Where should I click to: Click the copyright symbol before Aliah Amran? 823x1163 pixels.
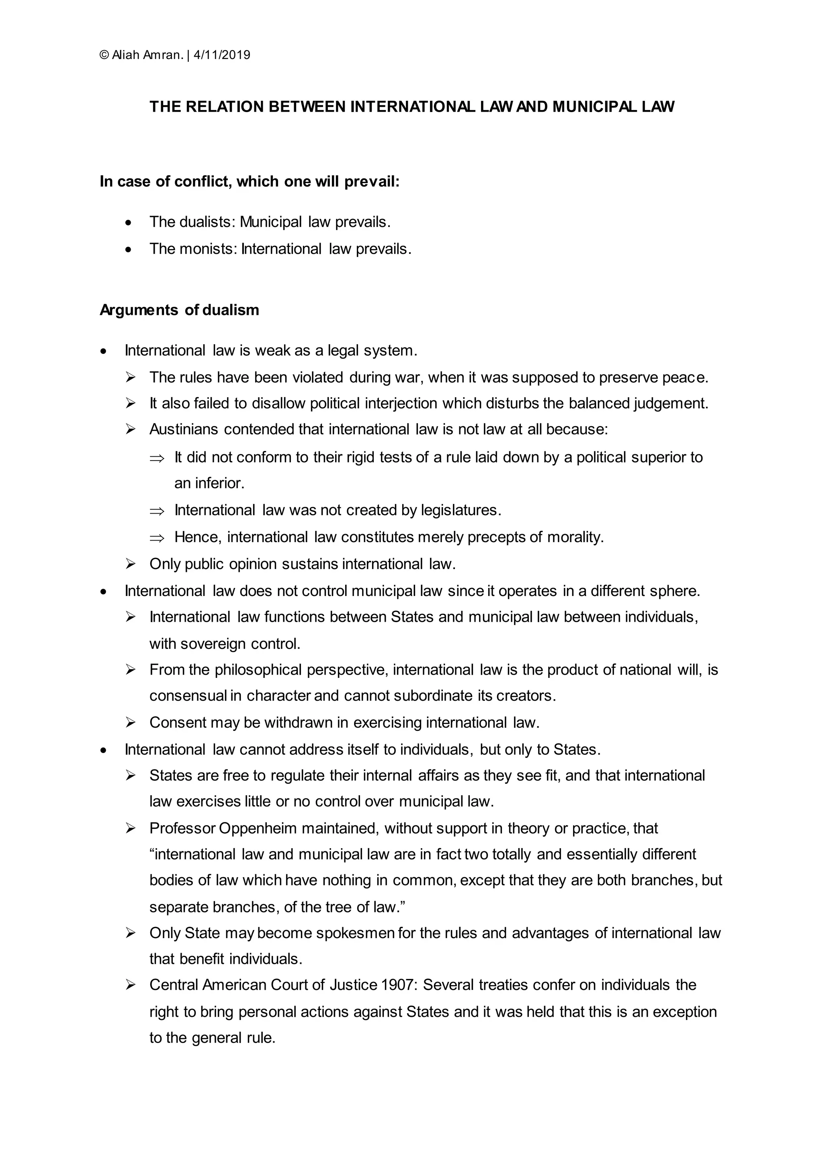pyautogui.click(x=104, y=55)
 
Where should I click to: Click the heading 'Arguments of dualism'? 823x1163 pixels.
pyautogui.click(x=179, y=310)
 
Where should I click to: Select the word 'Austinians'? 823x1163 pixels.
pyautogui.click(x=184, y=430)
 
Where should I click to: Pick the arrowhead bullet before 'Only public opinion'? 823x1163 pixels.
pyautogui.click(x=131, y=564)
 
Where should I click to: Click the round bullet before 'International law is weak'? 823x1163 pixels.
pyautogui.click(x=104, y=351)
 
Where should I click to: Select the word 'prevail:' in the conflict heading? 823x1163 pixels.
pyautogui.click(x=372, y=182)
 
